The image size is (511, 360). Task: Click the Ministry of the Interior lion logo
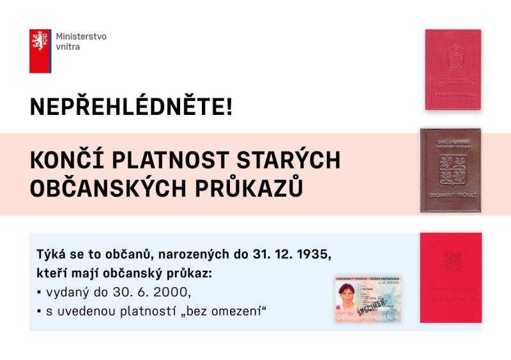tap(40, 50)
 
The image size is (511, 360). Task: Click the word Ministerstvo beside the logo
tap(81, 36)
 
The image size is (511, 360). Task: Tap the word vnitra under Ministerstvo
tap(68, 47)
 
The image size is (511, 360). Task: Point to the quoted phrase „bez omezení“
tap(223, 311)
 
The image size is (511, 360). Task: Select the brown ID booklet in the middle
tap(450, 170)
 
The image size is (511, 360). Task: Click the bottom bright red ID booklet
tap(450, 278)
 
